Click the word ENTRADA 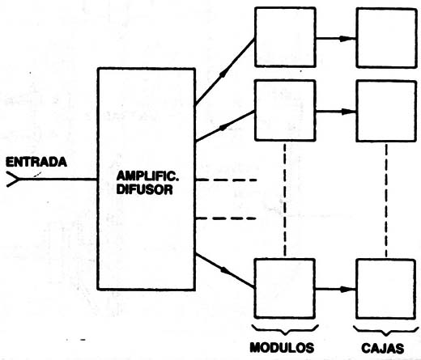click(x=36, y=162)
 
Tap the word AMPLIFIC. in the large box click(x=147, y=176)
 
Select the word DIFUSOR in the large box click(x=145, y=189)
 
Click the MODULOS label click(x=282, y=348)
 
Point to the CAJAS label click(x=383, y=348)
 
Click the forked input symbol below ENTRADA click(x=14, y=179)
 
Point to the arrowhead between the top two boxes click(x=347, y=39)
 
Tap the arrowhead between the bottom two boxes click(x=347, y=289)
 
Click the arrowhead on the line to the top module click(x=224, y=72)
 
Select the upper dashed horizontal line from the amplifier click(x=226, y=180)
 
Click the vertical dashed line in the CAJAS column click(x=386, y=200)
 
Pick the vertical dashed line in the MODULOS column click(x=285, y=200)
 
